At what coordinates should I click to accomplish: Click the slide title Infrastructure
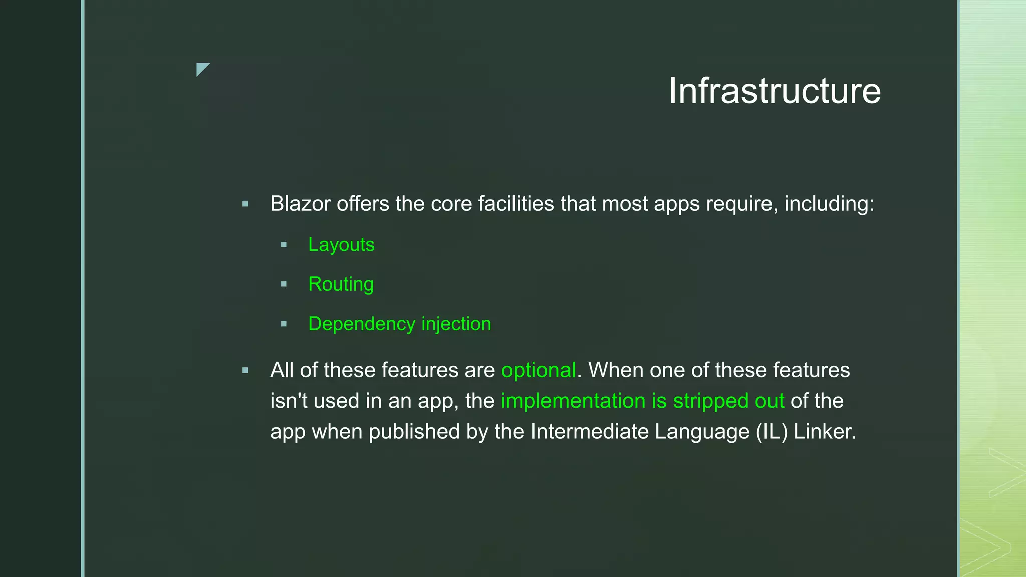pyautogui.click(x=775, y=91)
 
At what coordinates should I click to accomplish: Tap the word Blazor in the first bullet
pyautogui.click(x=300, y=204)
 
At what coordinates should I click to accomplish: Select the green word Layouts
pyautogui.click(x=341, y=245)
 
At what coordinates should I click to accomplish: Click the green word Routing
pyautogui.click(x=341, y=284)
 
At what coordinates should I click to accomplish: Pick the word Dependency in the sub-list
pyautogui.click(x=361, y=324)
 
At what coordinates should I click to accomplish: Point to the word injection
pyautogui.click(x=456, y=324)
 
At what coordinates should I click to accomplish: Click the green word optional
pyautogui.click(x=539, y=371)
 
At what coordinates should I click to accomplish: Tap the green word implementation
pyautogui.click(x=573, y=401)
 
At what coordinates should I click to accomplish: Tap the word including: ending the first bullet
pyautogui.click(x=829, y=204)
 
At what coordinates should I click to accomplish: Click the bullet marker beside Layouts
pyautogui.click(x=284, y=245)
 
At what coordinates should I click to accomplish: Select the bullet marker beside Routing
pyautogui.click(x=284, y=284)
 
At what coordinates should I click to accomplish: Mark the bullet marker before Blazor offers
pyautogui.click(x=245, y=204)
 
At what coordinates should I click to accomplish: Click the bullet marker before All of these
pyautogui.click(x=245, y=371)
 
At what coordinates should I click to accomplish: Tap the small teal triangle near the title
pyautogui.click(x=201, y=68)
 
